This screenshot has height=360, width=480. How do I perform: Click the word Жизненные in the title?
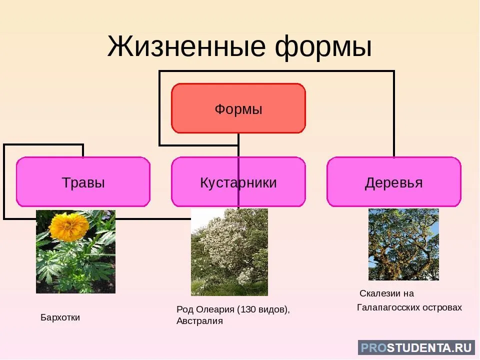tap(186, 46)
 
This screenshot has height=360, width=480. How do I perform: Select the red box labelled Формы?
tap(238, 108)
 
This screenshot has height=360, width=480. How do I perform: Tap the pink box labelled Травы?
tap(83, 182)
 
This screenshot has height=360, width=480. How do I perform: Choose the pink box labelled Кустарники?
tap(238, 182)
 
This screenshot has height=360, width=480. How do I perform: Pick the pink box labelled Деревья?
tap(394, 182)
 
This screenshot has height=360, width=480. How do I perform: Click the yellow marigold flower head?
tap(69, 226)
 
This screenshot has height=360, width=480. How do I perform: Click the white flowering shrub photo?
tap(229, 252)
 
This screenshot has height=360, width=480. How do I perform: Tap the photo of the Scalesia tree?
tap(403, 244)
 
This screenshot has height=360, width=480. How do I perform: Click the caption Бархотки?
tap(60, 317)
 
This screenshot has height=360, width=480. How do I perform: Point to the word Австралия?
tap(199, 321)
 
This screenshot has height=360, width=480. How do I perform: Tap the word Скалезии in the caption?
tap(380, 293)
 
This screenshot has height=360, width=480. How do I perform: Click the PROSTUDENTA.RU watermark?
tap(416, 348)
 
